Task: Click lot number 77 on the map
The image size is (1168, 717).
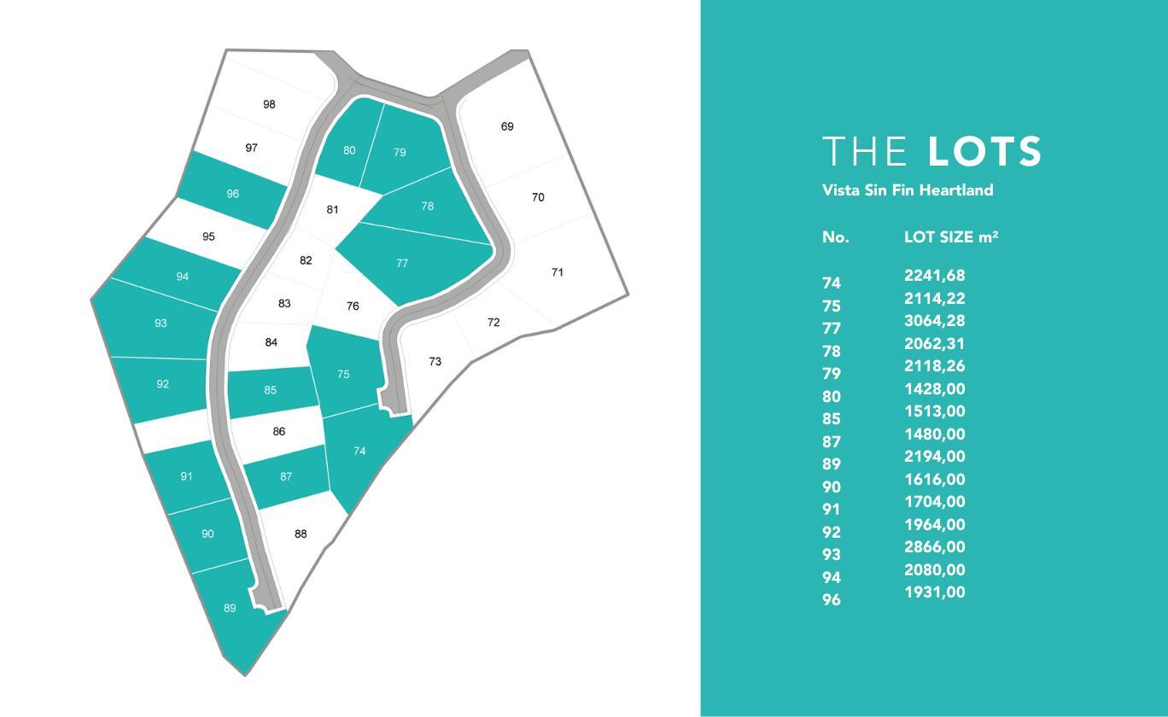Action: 402,264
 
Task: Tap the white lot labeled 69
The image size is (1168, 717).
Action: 507,127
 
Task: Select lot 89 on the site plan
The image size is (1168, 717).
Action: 230,609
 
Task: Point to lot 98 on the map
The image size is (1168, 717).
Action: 269,105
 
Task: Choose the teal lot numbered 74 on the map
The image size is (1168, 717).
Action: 359,451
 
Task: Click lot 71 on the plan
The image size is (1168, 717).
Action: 558,273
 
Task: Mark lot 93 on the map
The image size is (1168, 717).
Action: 161,324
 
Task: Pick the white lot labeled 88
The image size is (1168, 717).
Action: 300,534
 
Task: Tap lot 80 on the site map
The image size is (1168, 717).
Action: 349,151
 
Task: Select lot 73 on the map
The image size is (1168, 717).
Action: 435,362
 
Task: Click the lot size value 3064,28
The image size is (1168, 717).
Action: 934,321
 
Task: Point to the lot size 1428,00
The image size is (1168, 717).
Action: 934,389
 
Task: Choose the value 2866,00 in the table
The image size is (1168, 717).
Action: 934,547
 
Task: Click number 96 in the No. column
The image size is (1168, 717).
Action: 832,600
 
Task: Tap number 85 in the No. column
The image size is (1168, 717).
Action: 832,419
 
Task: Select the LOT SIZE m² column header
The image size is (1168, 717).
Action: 951,237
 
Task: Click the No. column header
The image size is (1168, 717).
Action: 835,237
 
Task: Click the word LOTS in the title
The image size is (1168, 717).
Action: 984,152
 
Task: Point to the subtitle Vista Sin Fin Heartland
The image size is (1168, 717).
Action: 908,190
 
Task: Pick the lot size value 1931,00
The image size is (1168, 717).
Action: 934,592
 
